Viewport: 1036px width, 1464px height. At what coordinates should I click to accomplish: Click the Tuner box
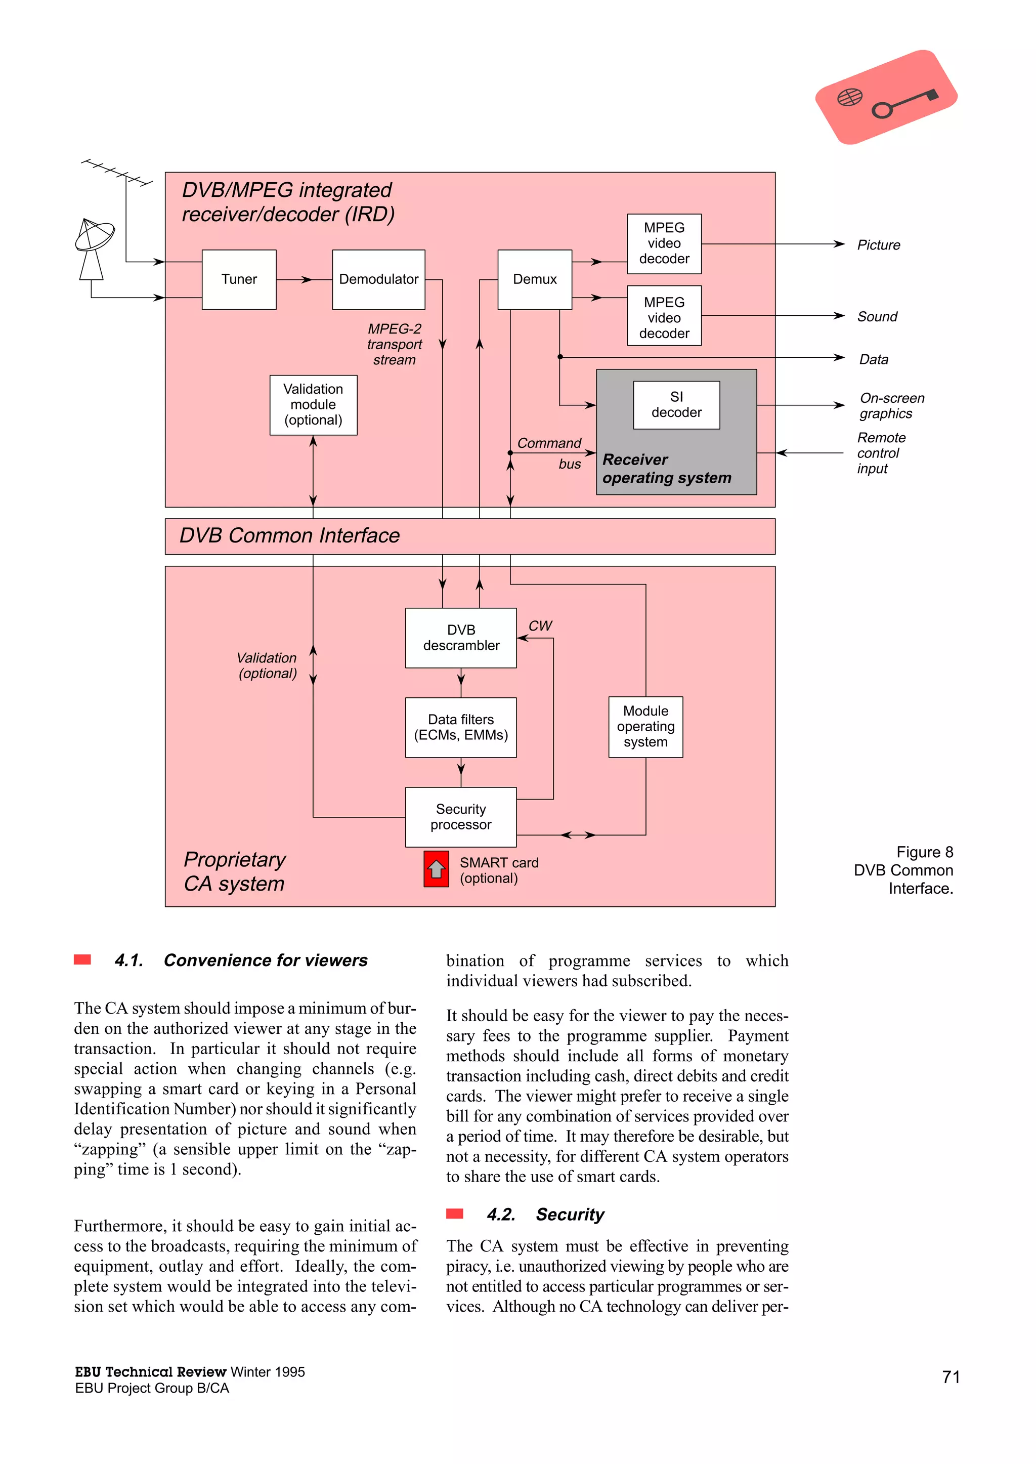(x=239, y=279)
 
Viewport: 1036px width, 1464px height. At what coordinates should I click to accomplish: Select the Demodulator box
(x=378, y=279)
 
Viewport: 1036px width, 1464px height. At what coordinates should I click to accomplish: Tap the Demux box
(x=534, y=279)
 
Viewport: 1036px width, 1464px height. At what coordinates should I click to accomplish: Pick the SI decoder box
(x=676, y=405)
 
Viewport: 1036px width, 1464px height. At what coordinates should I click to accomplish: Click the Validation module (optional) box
(x=313, y=405)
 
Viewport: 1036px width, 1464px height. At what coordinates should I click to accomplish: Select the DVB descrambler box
(x=461, y=638)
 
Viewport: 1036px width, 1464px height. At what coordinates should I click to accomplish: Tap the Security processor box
(x=461, y=817)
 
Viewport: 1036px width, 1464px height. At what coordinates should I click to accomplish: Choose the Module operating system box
(x=645, y=727)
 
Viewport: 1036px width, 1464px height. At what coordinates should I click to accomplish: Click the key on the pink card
(x=904, y=103)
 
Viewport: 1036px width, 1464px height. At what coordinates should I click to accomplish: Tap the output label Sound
(x=877, y=317)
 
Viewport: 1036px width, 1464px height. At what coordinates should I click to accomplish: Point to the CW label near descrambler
(x=540, y=626)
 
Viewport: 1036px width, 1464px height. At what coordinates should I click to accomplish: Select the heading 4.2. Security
(x=545, y=1214)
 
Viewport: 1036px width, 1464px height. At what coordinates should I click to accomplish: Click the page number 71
(x=951, y=1376)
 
